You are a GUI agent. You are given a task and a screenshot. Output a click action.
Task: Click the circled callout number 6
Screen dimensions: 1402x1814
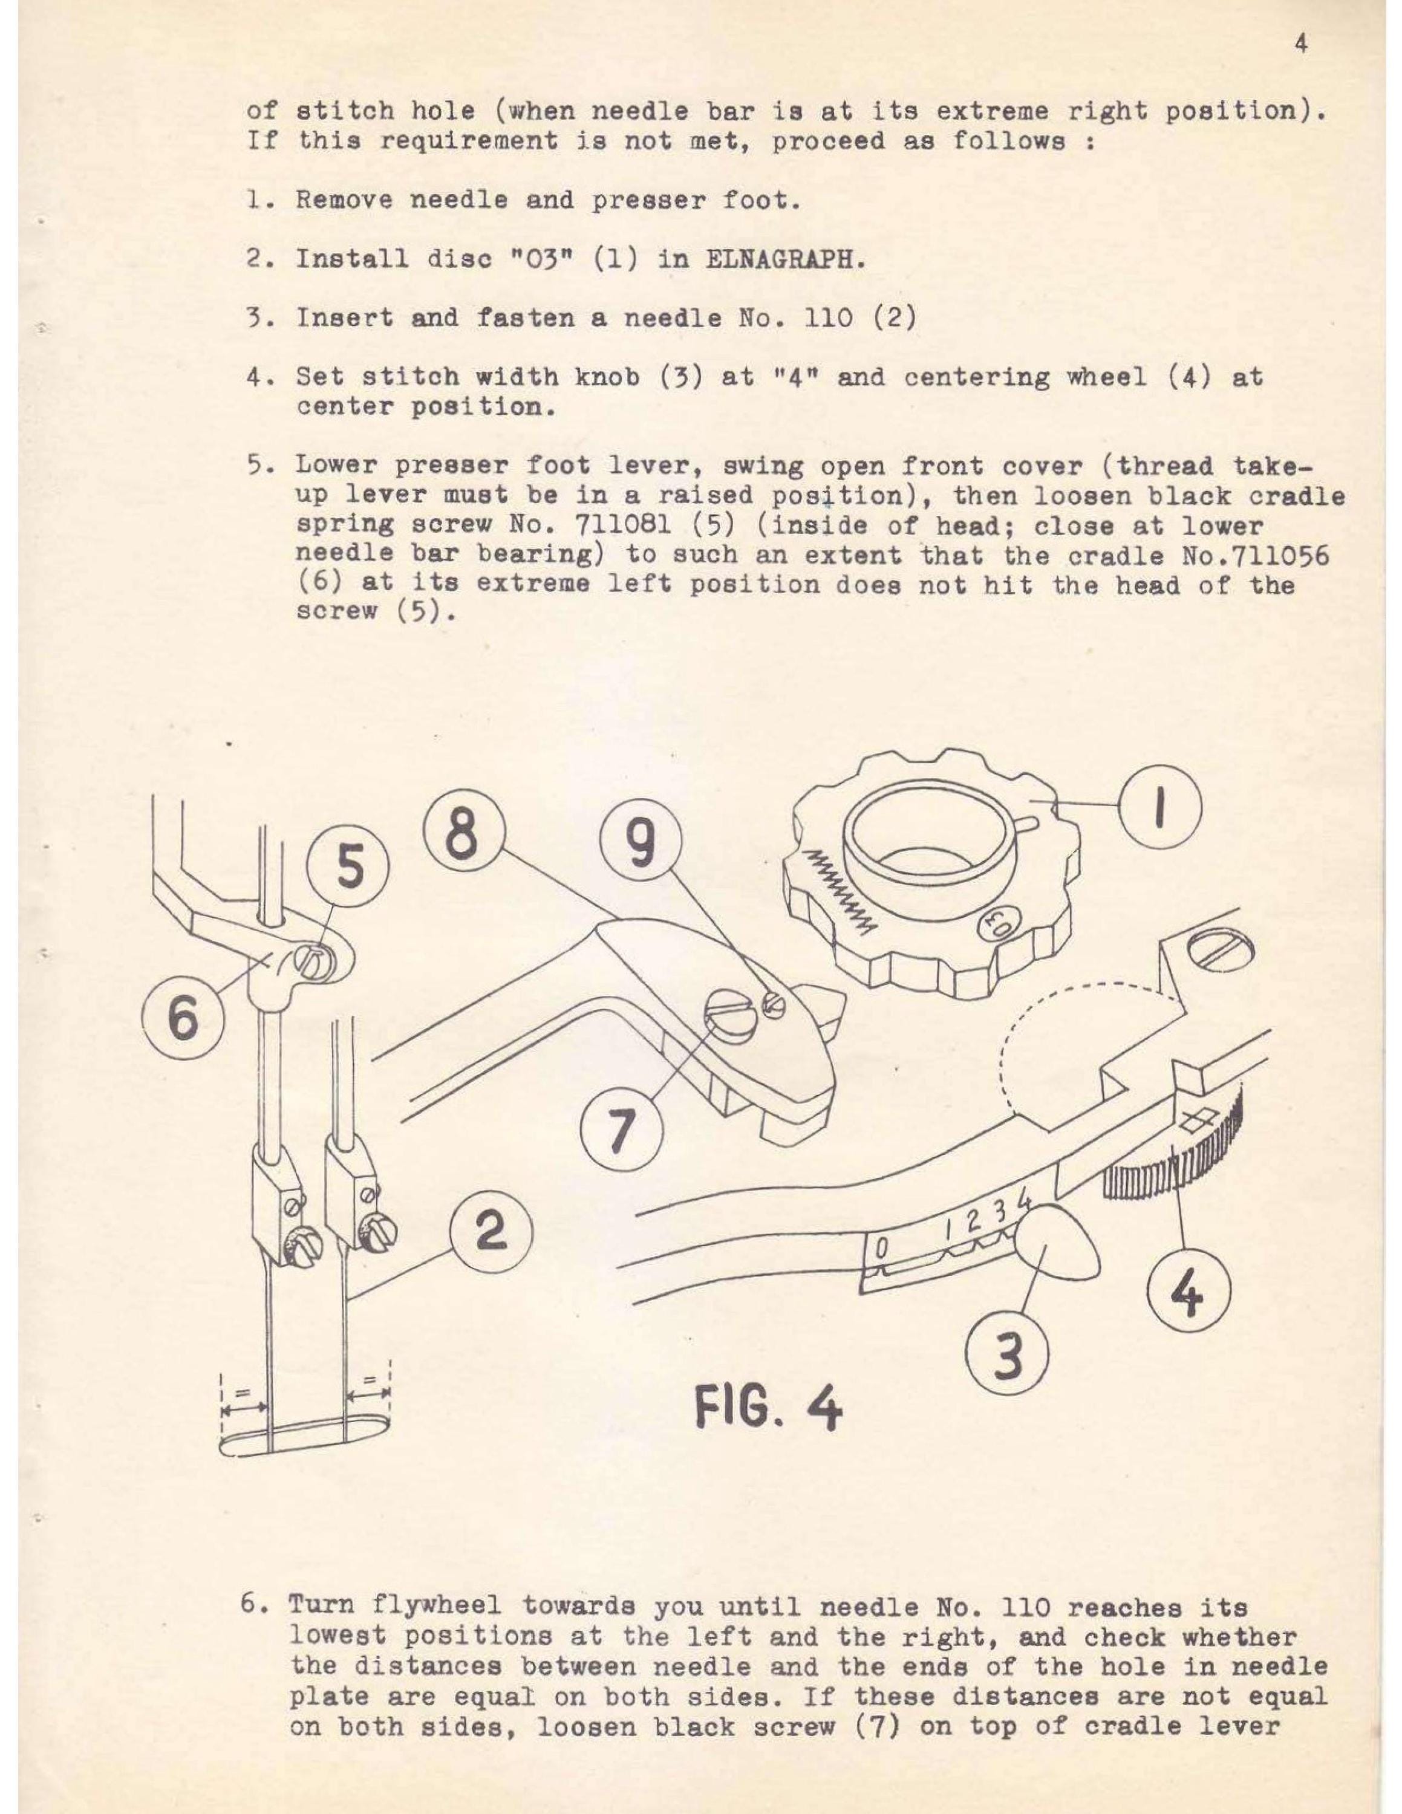point(183,1018)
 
